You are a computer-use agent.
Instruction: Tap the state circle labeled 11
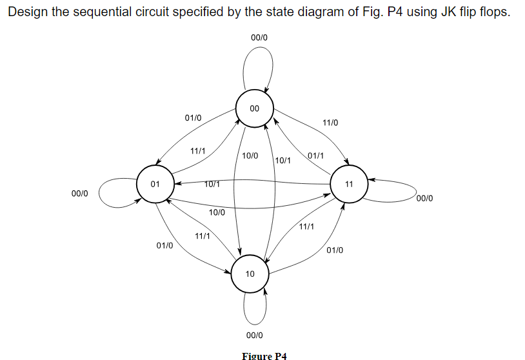(x=349, y=184)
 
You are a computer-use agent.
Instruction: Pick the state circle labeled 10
(x=250, y=274)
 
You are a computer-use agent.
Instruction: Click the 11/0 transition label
(x=330, y=123)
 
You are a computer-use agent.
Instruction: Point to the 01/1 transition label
(x=315, y=156)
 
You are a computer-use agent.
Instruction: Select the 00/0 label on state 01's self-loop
(x=81, y=193)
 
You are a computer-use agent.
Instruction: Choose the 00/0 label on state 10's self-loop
(x=255, y=335)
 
